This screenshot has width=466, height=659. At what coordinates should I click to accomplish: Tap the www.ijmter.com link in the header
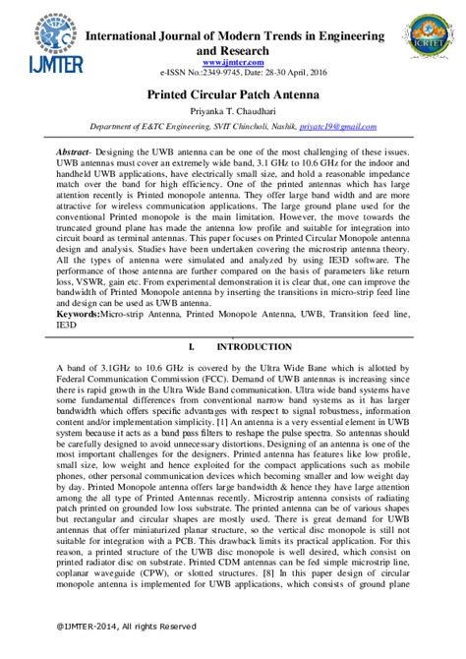(232, 61)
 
